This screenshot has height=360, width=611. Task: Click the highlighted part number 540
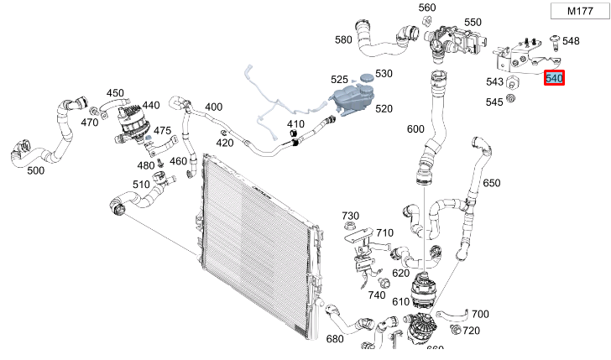point(554,78)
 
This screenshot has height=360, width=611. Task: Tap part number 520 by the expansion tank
point(384,109)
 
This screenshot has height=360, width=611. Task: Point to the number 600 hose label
point(415,129)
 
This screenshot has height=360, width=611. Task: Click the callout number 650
point(491,183)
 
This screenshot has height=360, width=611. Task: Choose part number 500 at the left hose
point(35,170)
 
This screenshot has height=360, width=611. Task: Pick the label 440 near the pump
point(151,105)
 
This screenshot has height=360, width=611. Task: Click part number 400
point(214,107)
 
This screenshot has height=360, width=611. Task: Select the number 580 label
point(343,39)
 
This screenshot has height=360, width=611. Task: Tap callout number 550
point(473,23)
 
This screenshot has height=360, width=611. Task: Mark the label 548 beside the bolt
point(571,40)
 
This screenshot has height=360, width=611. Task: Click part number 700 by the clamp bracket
point(480,314)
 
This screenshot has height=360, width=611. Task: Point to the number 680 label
point(335,339)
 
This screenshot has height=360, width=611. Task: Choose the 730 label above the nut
point(350,216)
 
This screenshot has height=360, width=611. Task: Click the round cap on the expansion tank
point(366,76)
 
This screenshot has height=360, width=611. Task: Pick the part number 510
point(141,185)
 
